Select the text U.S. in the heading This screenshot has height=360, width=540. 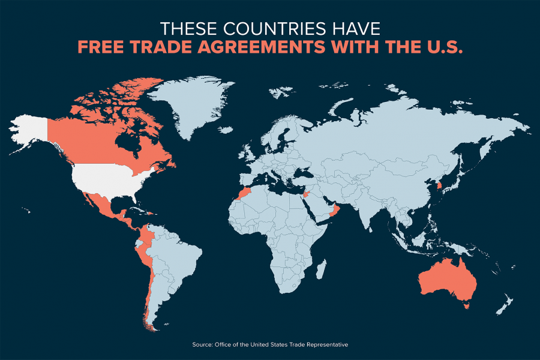[442, 48]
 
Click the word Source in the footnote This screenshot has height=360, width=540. [202, 344]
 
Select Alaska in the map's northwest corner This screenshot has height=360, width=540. [30, 130]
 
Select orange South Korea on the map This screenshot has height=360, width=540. [440, 187]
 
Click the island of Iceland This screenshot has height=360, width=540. [226, 130]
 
